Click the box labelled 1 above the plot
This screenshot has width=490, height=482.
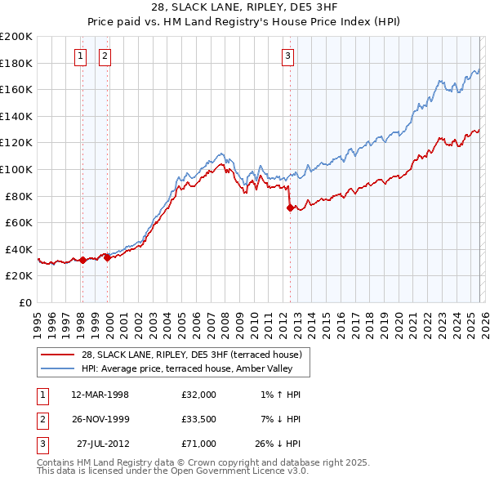[x=81, y=56]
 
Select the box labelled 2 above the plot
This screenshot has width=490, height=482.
[x=105, y=56]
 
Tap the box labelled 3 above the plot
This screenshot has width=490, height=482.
[x=288, y=56]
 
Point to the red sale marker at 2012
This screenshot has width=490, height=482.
[x=290, y=208]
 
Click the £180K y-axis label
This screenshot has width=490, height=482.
[x=16, y=63]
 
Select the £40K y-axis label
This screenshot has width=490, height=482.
[x=19, y=249]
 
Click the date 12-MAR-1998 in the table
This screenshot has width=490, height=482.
[x=100, y=395]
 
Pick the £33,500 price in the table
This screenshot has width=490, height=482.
[x=199, y=419]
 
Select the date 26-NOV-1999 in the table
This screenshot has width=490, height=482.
[x=100, y=419]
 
